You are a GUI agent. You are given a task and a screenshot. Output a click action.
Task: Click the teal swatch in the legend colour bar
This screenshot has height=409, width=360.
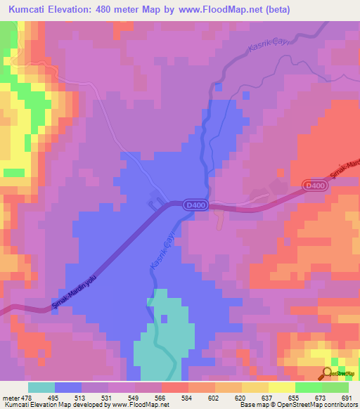41,387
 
